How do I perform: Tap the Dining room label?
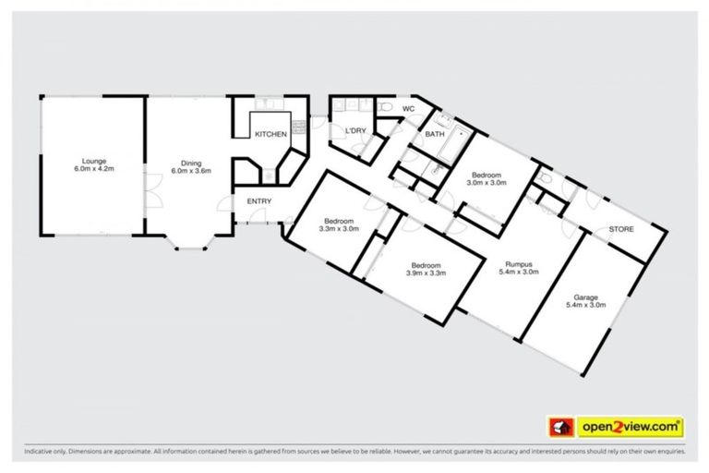[x=192, y=164]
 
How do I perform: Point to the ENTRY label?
[x=258, y=201]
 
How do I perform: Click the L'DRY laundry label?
[x=355, y=131]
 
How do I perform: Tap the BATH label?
[x=434, y=135]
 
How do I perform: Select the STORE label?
[x=620, y=229]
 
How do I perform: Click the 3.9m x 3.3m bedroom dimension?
[x=427, y=273]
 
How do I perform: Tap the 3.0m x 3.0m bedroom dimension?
[x=486, y=183]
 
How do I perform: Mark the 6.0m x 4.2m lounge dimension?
[x=92, y=170]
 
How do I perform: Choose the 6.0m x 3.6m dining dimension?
[x=192, y=171]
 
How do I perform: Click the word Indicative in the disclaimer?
[x=38, y=453]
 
